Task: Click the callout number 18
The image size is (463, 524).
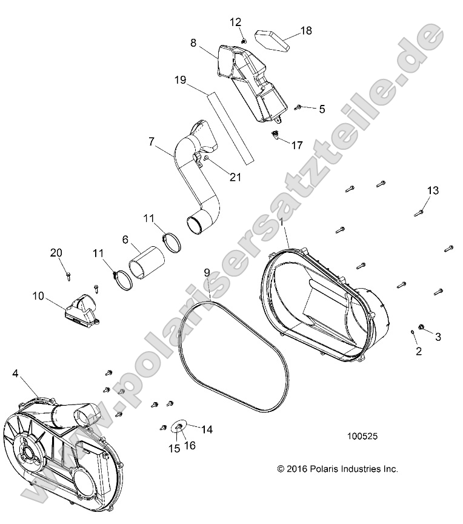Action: point(306,30)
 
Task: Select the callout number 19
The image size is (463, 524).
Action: point(179,80)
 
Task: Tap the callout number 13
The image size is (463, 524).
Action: point(432,190)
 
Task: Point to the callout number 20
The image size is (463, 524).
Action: point(56,252)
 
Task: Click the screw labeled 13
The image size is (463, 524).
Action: point(419,212)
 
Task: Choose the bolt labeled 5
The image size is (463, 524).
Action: point(299,108)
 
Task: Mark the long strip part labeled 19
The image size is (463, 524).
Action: point(228,127)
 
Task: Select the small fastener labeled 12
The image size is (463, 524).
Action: point(243,41)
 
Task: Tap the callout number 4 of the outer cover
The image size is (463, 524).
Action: point(15,374)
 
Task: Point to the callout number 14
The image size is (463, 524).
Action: point(207,429)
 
